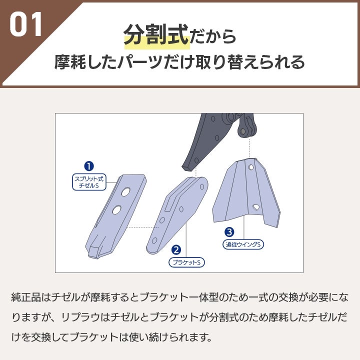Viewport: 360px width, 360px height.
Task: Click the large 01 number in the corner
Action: click(x=25, y=24)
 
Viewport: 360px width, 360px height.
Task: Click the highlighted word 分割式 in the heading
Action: click(x=156, y=35)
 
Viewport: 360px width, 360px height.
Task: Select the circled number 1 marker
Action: click(x=89, y=166)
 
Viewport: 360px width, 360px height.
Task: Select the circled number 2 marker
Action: click(x=176, y=250)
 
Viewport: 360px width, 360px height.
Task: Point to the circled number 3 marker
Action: click(x=229, y=232)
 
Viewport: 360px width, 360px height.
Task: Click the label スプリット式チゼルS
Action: click(x=89, y=182)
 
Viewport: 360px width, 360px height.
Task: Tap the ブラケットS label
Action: click(x=186, y=262)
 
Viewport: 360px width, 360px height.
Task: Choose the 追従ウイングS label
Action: click(x=243, y=244)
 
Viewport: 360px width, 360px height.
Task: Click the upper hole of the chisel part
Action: click(x=125, y=192)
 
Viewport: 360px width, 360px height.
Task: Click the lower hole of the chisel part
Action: click(x=116, y=210)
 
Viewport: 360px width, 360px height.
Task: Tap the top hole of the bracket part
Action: click(x=202, y=186)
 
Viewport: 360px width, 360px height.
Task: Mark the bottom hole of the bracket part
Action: click(x=154, y=240)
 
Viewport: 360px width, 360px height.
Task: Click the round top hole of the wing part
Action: click(x=251, y=167)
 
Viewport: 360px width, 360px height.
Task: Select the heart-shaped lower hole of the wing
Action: click(x=256, y=207)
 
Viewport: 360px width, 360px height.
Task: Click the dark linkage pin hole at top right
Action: click(x=243, y=131)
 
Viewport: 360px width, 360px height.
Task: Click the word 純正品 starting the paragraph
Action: click(x=26, y=297)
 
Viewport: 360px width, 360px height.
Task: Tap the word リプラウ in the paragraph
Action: click(x=80, y=317)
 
